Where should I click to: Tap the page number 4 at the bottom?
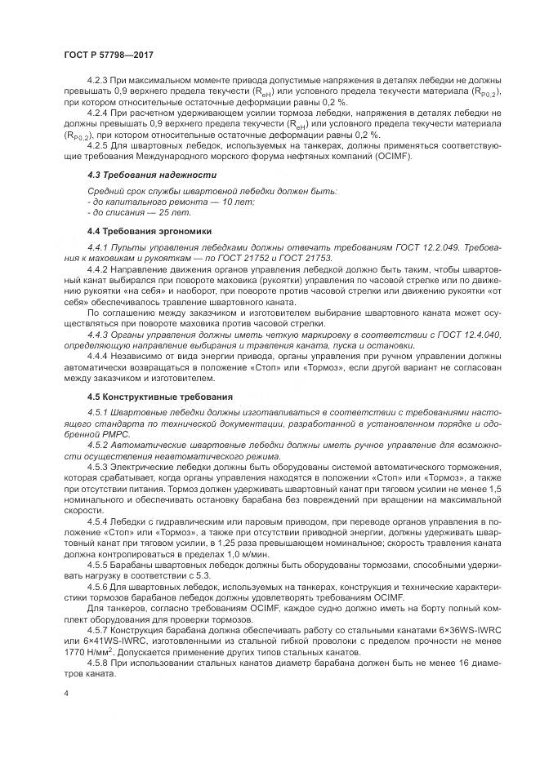point(67,694)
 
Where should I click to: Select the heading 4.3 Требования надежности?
point(151,175)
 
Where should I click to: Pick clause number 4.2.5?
point(100,145)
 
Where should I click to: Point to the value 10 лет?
point(238,201)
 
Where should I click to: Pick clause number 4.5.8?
point(100,653)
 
